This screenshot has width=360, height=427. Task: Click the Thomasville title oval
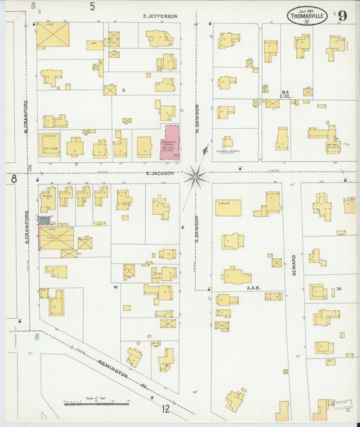tap(309, 16)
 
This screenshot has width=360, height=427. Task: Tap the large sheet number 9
tap(343, 15)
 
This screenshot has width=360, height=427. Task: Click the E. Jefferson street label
tap(160, 16)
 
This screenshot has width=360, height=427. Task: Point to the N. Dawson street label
tap(198, 118)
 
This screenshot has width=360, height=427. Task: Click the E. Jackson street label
tap(160, 173)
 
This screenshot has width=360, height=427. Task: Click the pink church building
tap(170, 142)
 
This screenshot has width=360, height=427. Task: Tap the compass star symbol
tap(196, 176)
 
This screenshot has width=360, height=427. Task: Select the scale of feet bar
tap(96, 403)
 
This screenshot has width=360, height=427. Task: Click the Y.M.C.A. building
tap(228, 207)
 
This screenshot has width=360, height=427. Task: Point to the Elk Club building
tap(49, 145)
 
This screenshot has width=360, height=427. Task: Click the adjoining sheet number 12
tap(165, 408)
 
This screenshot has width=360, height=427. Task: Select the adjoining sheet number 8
tap(13, 178)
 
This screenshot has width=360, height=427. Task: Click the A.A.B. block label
tap(253, 287)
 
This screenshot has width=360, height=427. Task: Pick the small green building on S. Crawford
tap(44, 220)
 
